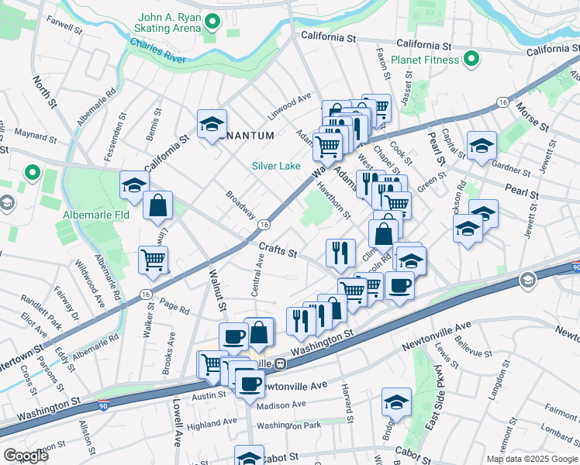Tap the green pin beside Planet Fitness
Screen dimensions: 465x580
click(x=470, y=59)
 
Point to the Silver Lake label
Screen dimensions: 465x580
click(x=274, y=165)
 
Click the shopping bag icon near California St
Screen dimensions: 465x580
click(x=157, y=205)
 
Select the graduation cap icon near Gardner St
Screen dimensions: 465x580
click(x=482, y=145)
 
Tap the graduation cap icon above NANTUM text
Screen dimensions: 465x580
click(x=212, y=124)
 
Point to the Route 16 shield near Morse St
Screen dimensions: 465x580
click(x=503, y=102)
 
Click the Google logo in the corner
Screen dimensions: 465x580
click(x=26, y=455)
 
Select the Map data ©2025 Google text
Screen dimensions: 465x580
click(x=531, y=459)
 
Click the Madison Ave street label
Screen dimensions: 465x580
click(x=281, y=405)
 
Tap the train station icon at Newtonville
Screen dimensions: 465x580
click(x=281, y=363)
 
